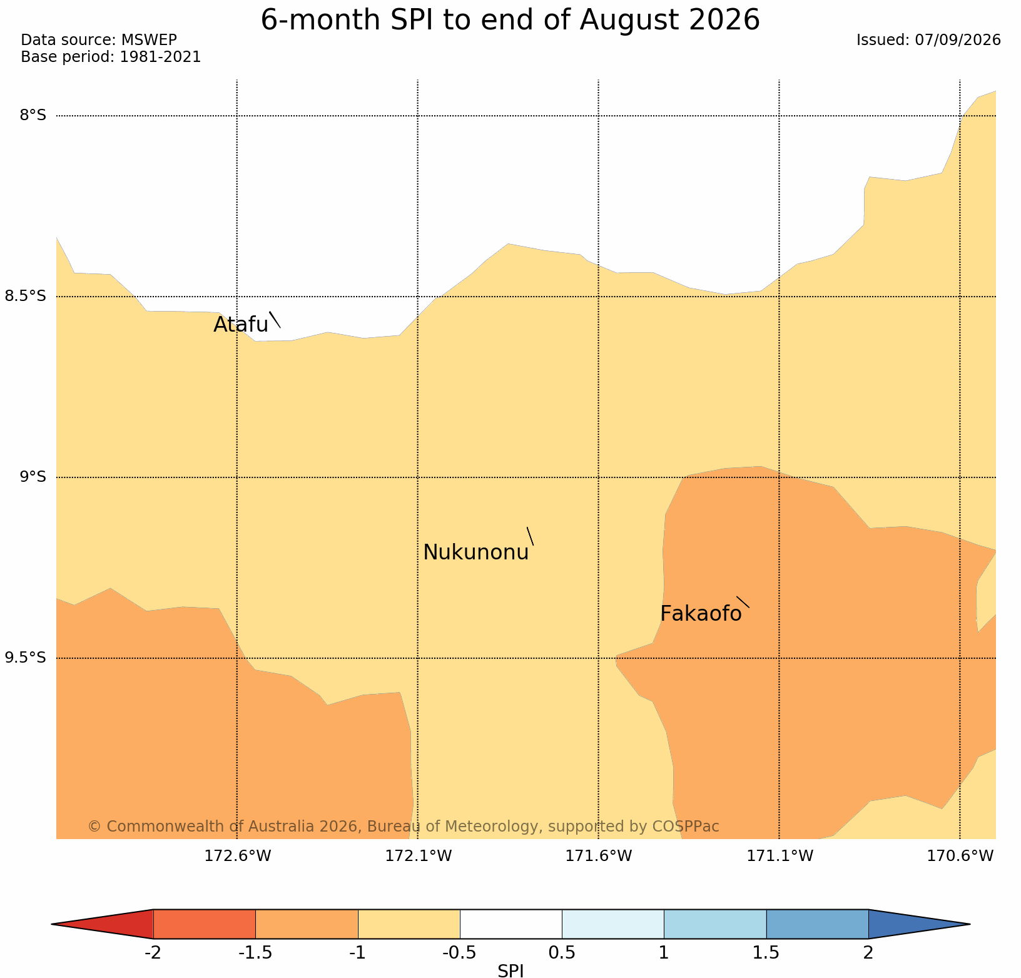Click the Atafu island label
241,325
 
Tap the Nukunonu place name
476,553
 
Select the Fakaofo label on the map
701,614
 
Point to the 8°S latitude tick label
33,115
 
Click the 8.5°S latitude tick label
26,296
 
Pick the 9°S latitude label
33,477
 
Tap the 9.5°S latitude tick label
26,658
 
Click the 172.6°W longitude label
238,856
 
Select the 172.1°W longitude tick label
418,856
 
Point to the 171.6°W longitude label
599,856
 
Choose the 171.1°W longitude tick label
780,856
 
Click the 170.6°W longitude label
960,856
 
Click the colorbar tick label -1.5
255,953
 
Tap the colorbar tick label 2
868,953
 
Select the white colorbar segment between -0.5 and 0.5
510,924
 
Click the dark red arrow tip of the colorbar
53,924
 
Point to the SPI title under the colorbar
510,970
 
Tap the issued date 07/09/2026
958,40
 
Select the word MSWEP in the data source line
149,40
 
